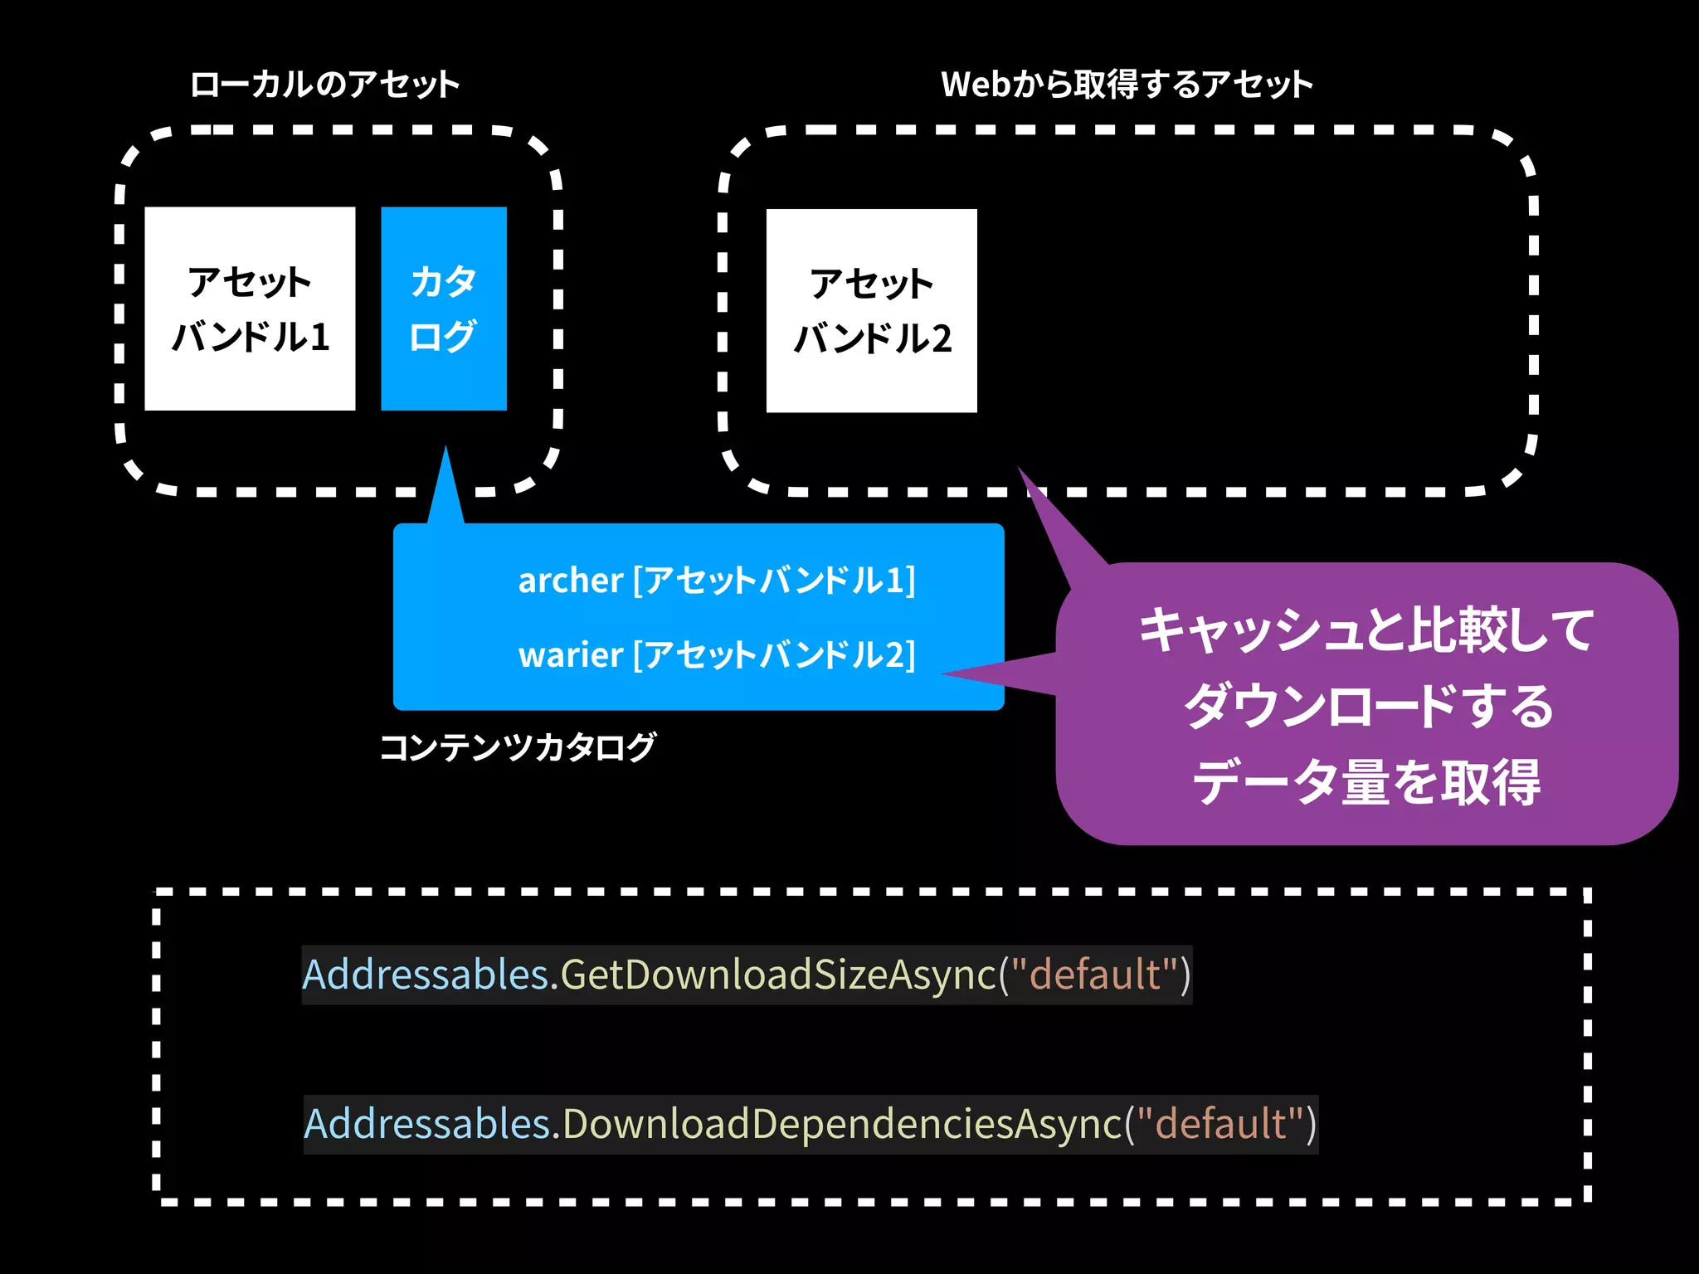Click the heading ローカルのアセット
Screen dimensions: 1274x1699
(x=324, y=85)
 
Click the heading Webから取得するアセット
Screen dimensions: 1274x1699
(x=1126, y=85)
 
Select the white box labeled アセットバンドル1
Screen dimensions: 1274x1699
(x=250, y=309)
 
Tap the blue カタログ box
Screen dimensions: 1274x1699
(x=443, y=309)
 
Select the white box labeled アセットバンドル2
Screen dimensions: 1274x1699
(x=871, y=311)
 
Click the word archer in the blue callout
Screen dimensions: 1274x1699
(x=570, y=581)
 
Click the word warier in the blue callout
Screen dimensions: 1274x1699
(x=570, y=655)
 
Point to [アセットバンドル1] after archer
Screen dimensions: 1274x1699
(x=774, y=581)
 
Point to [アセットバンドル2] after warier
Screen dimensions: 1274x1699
(x=774, y=655)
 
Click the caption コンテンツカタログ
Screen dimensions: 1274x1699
(x=518, y=747)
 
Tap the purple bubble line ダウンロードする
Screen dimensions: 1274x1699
(x=1367, y=706)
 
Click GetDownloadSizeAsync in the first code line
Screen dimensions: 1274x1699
(x=778, y=975)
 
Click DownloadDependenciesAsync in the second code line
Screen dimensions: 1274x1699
(x=842, y=1125)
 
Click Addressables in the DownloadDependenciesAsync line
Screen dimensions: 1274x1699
(x=427, y=1125)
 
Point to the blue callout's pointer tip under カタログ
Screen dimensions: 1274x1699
(x=445, y=450)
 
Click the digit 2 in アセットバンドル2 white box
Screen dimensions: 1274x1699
(x=941, y=338)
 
